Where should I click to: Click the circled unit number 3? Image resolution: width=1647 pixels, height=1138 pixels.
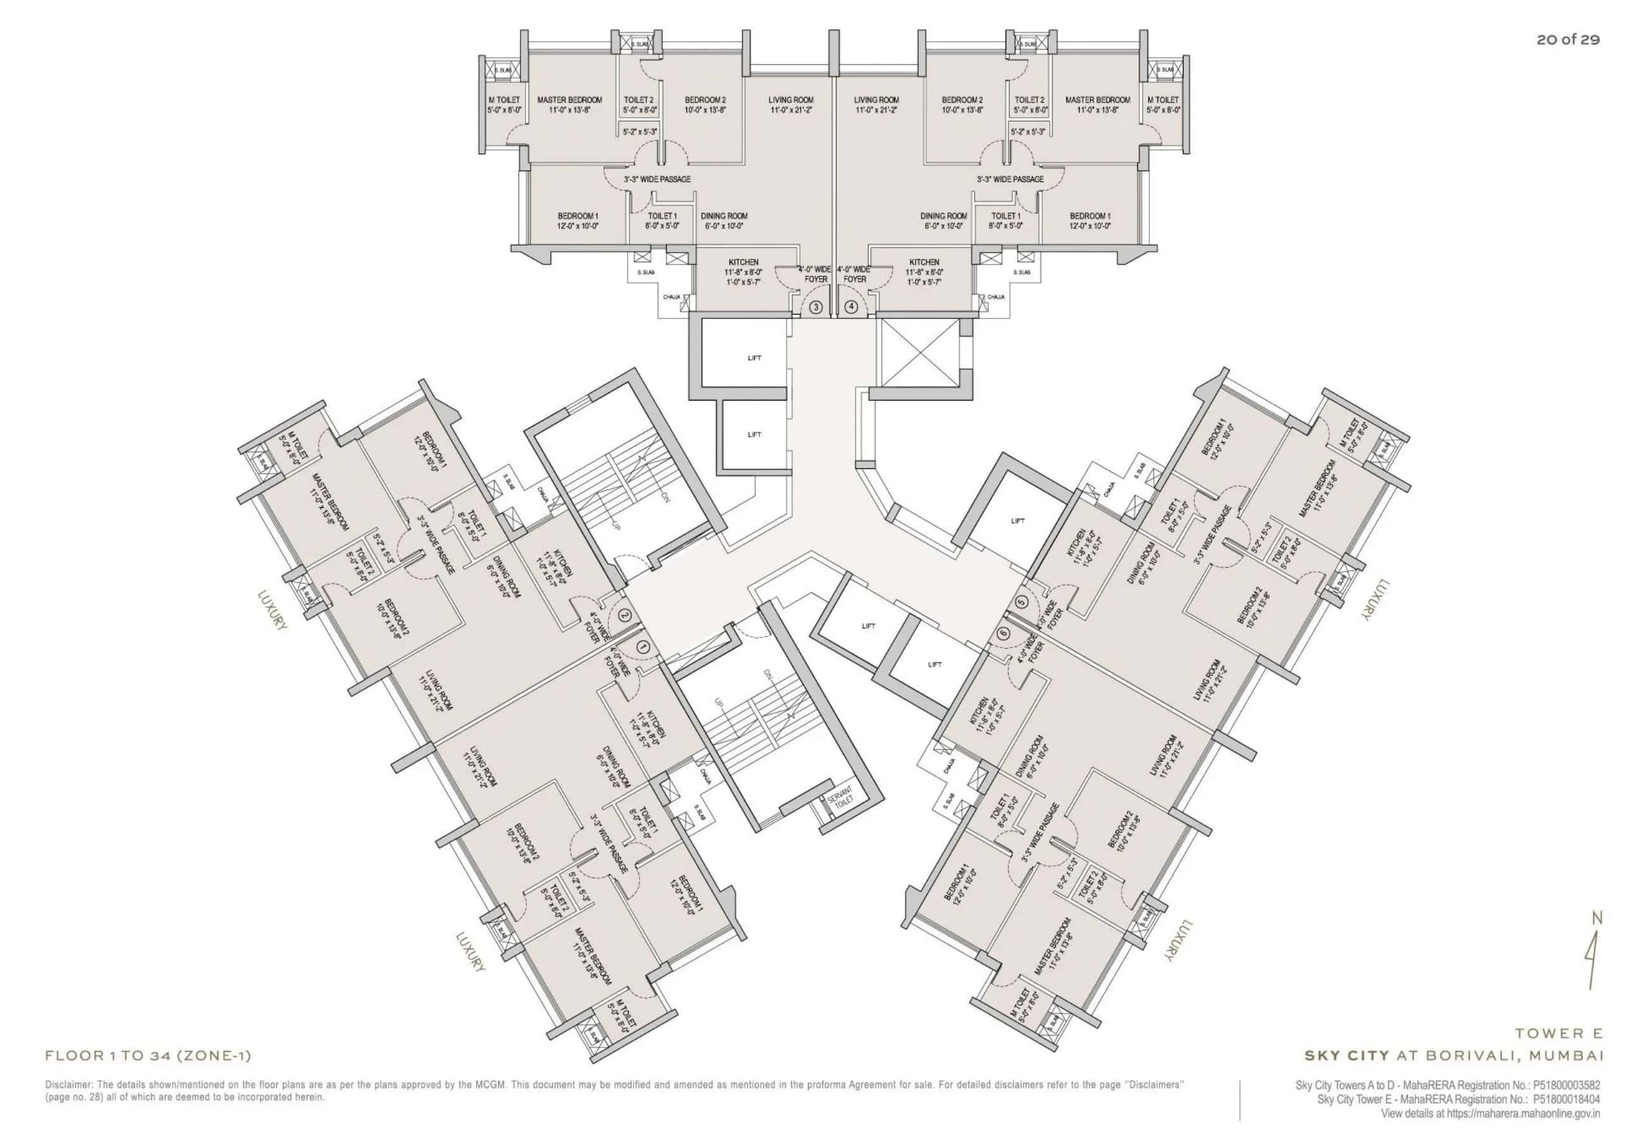pyautogui.click(x=816, y=308)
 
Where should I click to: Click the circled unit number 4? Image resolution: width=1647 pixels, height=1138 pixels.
pyautogui.click(x=851, y=308)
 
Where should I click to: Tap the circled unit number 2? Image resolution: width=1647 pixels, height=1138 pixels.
pyautogui.click(x=625, y=615)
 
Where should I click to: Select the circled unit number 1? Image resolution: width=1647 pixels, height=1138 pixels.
pyautogui.click(x=642, y=647)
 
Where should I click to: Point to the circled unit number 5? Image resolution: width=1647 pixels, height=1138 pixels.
pyautogui.click(x=1022, y=603)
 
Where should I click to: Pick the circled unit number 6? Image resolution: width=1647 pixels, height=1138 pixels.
pyautogui.click(x=1004, y=633)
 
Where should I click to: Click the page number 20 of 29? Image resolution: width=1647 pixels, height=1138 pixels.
pyautogui.click(x=1568, y=40)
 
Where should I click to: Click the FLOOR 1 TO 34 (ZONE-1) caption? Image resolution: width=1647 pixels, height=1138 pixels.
pyautogui.click(x=148, y=1056)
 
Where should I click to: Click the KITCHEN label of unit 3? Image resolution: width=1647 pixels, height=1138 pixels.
pyautogui.click(x=743, y=263)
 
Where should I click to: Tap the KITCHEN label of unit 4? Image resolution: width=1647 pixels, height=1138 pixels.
pyautogui.click(x=924, y=263)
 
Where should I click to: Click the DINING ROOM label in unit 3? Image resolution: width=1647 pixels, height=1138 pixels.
pyautogui.click(x=723, y=216)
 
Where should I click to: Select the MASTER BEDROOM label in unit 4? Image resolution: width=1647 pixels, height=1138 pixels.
pyautogui.click(x=1097, y=100)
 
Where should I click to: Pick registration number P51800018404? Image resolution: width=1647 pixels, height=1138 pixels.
pyautogui.click(x=1566, y=1099)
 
